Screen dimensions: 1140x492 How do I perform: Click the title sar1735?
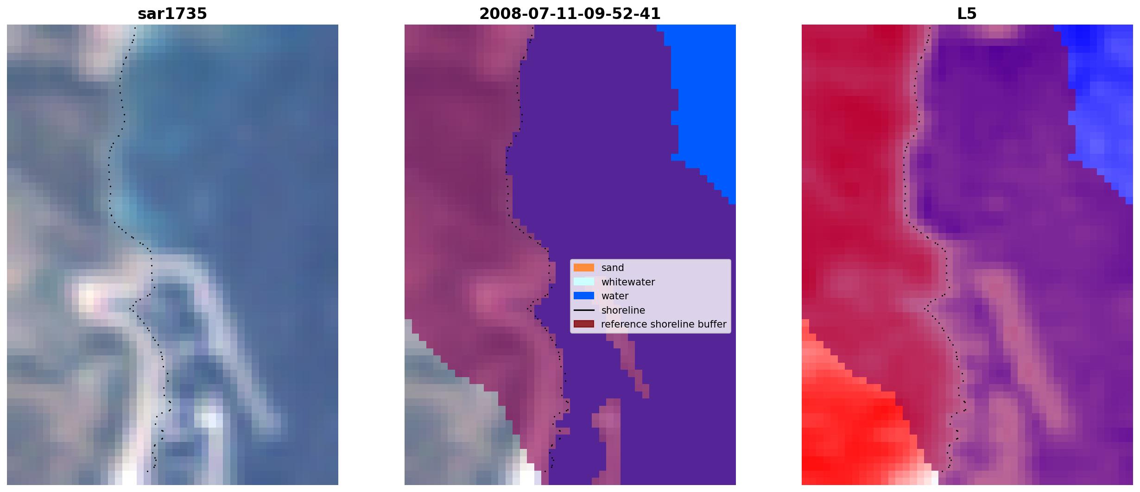(x=172, y=14)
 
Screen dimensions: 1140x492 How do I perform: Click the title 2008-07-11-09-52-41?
(x=570, y=14)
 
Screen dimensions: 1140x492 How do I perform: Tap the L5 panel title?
(x=967, y=14)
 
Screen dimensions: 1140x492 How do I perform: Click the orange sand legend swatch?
(x=584, y=267)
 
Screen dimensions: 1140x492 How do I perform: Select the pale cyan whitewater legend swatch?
(x=584, y=282)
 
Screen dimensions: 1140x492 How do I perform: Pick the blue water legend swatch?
(x=584, y=296)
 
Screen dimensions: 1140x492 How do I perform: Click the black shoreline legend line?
(x=584, y=310)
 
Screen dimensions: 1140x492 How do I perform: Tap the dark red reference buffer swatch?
(x=584, y=324)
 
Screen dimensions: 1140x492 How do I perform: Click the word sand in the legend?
(x=613, y=268)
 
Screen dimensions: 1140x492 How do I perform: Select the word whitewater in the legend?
(x=628, y=282)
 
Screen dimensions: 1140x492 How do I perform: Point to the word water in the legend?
(x=615, y=296)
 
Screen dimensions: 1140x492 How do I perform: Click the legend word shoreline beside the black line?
(x=623, y=310)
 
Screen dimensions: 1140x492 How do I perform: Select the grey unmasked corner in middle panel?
(x=454, y=426)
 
